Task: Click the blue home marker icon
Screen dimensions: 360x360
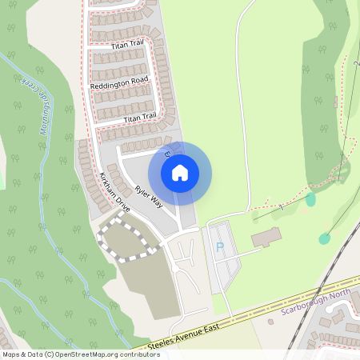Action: pos(180,172)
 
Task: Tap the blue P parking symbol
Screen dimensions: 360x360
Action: pos(220,247)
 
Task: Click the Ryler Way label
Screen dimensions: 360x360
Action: pos(149,197)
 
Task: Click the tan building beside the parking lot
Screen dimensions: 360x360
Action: pos(266,238)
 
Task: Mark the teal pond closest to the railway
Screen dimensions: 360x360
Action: pos(324,238)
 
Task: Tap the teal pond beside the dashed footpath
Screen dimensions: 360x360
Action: pos(310,199)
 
